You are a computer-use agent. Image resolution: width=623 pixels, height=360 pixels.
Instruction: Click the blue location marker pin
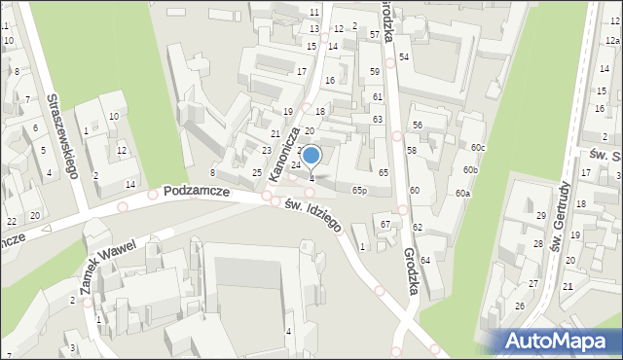click(311, 155)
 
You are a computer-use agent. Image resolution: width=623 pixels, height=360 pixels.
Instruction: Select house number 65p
click(359, 190)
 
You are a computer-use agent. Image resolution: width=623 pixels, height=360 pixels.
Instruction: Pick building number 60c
click(478, 147)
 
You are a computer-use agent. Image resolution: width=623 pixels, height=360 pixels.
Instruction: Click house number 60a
click(462, 194)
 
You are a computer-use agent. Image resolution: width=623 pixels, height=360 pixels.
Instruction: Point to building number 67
click(385, 225)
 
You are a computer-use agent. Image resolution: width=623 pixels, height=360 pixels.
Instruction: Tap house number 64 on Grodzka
click(425, 260)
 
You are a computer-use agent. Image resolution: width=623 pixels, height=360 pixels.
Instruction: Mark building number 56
click(417, 126)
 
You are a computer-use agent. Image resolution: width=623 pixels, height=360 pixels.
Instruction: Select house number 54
click(403, 57)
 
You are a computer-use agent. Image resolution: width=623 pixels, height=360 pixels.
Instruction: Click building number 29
click(541, 215)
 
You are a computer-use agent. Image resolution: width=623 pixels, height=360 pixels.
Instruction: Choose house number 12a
click(611, 41)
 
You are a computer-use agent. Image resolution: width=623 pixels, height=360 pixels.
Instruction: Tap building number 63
click(378, 119)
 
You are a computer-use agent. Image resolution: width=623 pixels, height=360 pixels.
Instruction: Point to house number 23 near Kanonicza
click(267, 151)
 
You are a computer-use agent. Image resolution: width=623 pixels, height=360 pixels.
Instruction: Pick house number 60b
click(471, 170)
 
